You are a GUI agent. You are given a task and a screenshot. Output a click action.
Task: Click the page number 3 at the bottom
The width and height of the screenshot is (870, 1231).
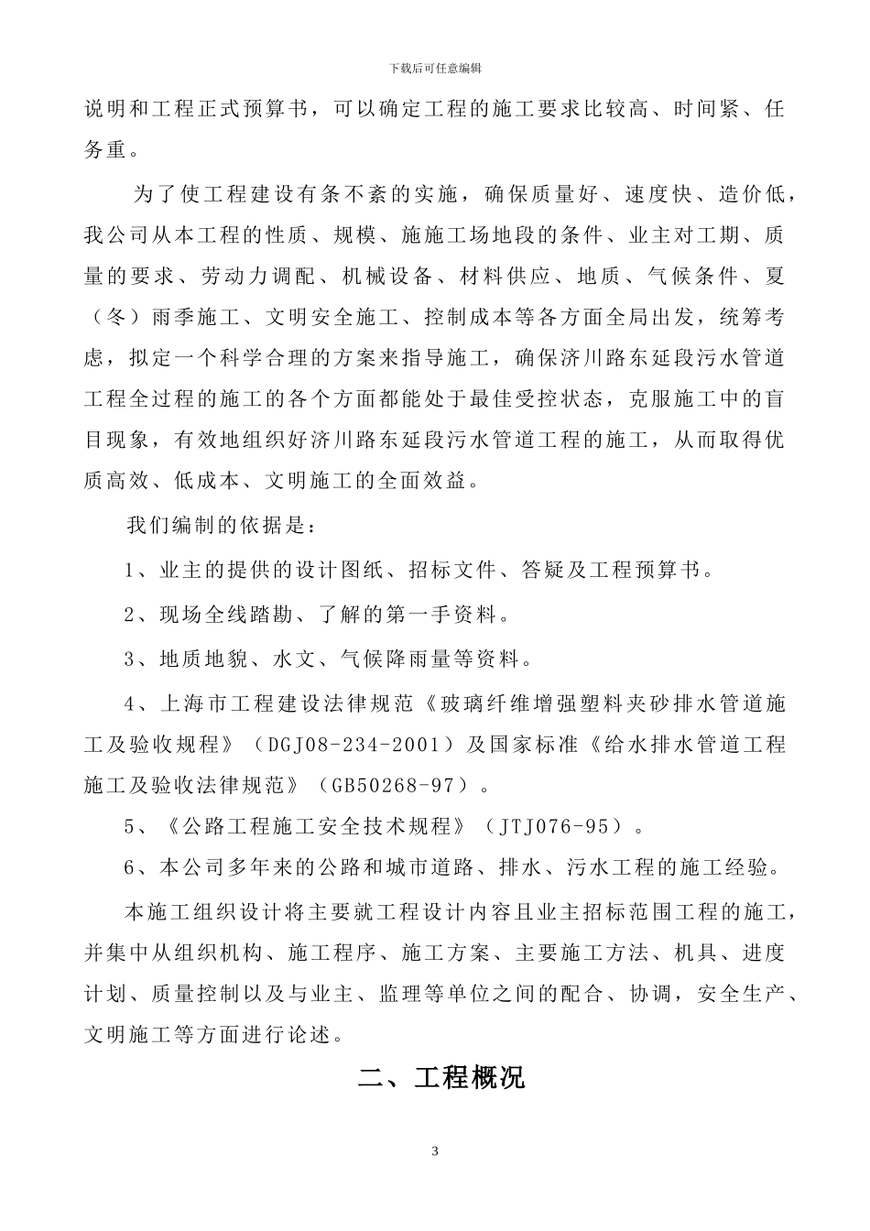435,1151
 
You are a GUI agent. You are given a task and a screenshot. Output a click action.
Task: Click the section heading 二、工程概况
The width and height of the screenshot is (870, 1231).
441,1077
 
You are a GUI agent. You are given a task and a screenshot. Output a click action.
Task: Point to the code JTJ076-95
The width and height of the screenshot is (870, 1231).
554,826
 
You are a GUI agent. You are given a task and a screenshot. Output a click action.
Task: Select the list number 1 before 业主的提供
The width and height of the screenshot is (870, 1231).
130,570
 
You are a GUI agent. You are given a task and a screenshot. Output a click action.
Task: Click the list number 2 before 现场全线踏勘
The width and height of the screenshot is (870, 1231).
130,614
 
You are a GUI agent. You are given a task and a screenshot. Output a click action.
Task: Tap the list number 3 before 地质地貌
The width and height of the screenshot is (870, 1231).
130,659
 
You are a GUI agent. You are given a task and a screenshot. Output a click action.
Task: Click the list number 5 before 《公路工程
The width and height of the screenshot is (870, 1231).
130,826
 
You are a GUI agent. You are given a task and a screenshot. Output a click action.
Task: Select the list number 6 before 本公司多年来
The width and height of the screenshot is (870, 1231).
130,866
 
